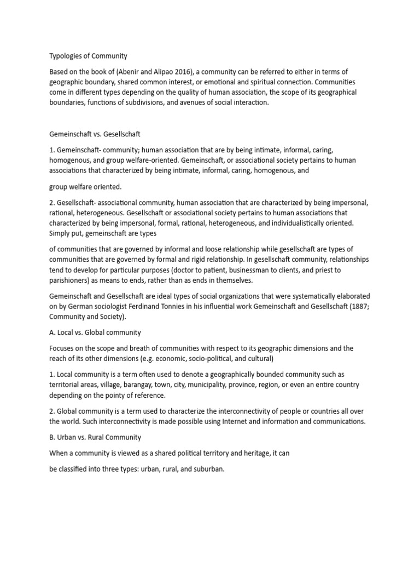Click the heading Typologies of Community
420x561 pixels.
[88, 56]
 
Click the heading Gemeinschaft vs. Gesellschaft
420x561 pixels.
[96, 133]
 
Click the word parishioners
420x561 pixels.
[71, 280]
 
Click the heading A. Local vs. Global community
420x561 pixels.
[95, 332]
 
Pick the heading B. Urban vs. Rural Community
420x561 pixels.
[95, 437]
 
